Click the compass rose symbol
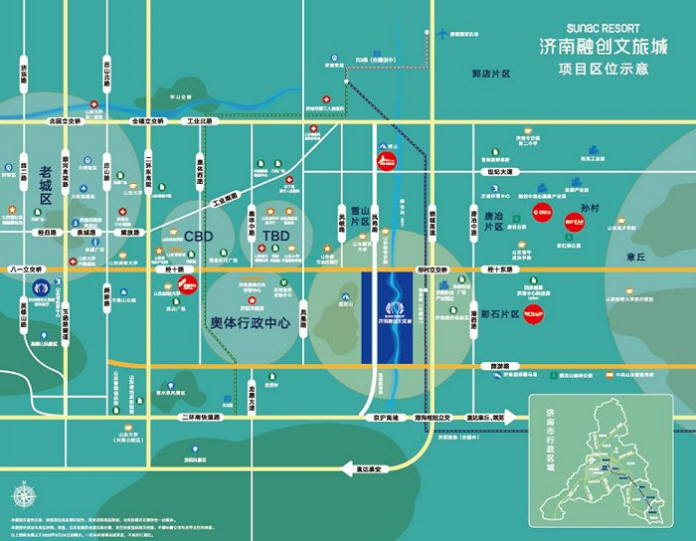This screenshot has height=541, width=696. coord(22,494)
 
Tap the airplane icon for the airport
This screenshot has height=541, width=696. coord(442,34)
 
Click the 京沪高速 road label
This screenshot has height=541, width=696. coord(387,417)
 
